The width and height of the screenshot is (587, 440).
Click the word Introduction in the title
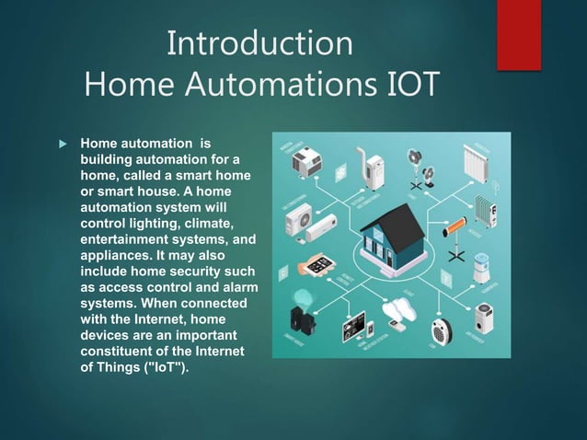coord(259,43)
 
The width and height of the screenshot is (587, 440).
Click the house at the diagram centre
coord(390,235)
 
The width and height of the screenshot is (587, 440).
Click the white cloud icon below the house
coord(401,308)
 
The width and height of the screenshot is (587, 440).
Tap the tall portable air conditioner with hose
coord(373,168)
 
